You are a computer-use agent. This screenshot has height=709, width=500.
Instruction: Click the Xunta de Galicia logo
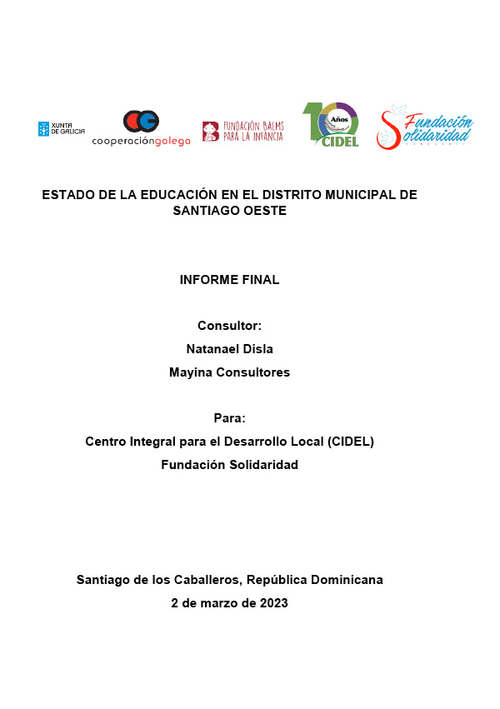pos(61,128)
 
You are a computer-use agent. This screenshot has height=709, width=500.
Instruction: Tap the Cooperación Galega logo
pos(141,128)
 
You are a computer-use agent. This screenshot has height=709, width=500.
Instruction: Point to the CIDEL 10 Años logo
pos(331,125)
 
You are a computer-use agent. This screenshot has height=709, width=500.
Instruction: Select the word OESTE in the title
pos(264,212)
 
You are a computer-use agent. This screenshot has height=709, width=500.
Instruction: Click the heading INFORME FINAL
pos(229,280)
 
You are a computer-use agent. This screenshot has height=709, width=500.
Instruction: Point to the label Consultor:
pos(229,326)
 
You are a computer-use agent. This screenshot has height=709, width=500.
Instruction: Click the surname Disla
pos(256,348)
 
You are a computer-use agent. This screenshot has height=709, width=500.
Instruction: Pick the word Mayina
pos(191,372)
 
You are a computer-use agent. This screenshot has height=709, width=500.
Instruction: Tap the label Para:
pos(229,418)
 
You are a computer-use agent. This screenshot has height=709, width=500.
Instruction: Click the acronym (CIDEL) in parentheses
pos(351,442)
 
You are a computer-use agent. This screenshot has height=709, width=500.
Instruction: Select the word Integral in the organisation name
pos(153,442)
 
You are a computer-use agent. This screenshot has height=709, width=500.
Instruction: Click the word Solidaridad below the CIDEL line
pos(261,465)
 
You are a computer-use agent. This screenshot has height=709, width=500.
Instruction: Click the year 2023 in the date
pos(273,603)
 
